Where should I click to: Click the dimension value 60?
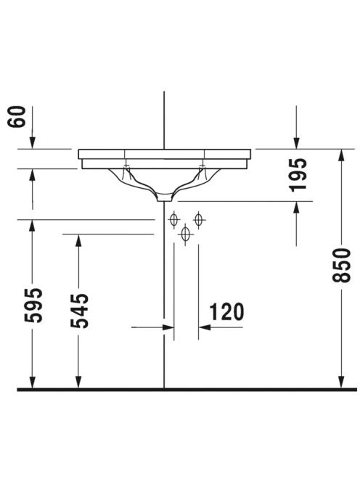point(16,116)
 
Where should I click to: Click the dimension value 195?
point(298,175)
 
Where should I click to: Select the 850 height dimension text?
point(341,265)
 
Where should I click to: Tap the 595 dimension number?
point(33,306)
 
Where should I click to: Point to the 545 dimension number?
point(79,311)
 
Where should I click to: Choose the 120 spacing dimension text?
point(227,311)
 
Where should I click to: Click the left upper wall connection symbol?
point(174,220)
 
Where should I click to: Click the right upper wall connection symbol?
point(199,220)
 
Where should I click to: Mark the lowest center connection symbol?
point(185,234)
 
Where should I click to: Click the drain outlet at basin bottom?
point(165,197)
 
